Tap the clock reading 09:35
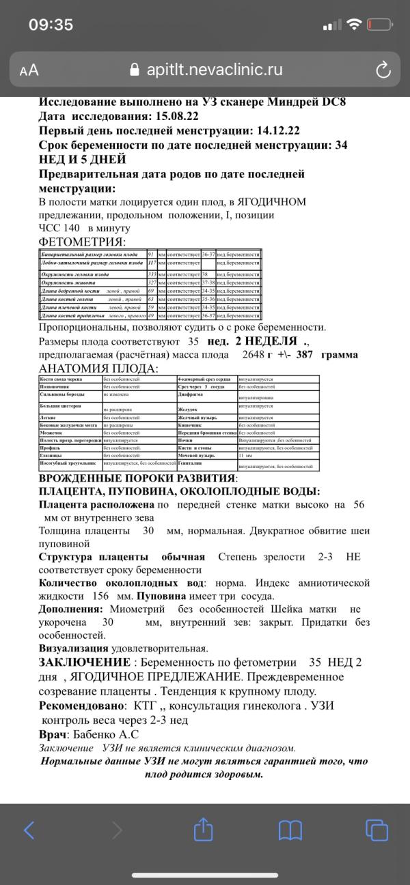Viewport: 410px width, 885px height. [x=51, y=25]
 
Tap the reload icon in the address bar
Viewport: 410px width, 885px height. [x=383, y=70]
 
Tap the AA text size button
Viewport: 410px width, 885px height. [x=29, y=70]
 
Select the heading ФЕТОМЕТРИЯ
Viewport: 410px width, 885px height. [x=82, y=242]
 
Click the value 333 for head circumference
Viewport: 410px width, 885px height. [x=152, y=274]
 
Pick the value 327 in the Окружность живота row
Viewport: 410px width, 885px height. [x=152, y=282]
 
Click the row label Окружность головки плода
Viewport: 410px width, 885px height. [x=75, y=274]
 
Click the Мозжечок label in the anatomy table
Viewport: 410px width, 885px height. [x=52, y=433]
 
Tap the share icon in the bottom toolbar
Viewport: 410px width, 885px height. [x=204, y=830]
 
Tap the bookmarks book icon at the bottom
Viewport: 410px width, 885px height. [x=290, y=830]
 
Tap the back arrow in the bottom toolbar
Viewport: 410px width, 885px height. [x=29, y=830]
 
